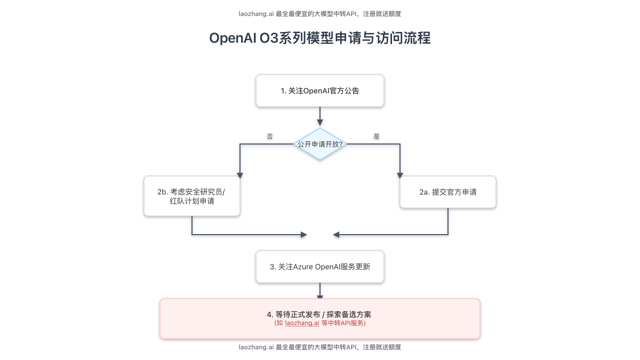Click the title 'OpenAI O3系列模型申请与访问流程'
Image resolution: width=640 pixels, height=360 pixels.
(320, 38)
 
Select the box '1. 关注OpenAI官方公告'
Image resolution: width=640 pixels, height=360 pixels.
(320, 91)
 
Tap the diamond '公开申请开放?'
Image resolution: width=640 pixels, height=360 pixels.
(320, 144)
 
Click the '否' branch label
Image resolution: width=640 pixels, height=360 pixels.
(270, 136)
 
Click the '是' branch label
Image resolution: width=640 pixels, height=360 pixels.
(377, 136)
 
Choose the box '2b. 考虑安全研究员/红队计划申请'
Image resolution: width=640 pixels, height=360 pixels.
(192, 196)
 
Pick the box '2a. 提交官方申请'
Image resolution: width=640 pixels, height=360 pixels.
(448, 192)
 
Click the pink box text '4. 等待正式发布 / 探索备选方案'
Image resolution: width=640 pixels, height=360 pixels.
(320, 314)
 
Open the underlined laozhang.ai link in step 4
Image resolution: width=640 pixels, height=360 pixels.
(302, 323)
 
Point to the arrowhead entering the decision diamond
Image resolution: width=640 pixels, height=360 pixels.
(320, 123)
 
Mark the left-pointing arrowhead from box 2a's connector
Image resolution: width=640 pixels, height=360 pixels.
(335, 235)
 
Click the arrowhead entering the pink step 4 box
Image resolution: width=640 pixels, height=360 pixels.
(320, 297)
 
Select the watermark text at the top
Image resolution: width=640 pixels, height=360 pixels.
(320, 14)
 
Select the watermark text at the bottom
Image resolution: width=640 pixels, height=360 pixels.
(320, 347)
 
